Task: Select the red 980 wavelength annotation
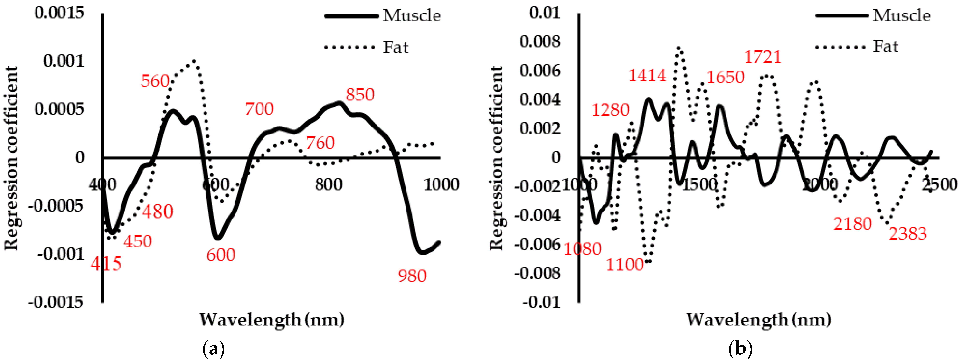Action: click(412, 276)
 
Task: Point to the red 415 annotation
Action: click(106, 264)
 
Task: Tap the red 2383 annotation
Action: click(907, 233)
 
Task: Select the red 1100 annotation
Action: click(625, 264)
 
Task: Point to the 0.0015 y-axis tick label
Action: click(59, 13)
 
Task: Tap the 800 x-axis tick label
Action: click(328, 184)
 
